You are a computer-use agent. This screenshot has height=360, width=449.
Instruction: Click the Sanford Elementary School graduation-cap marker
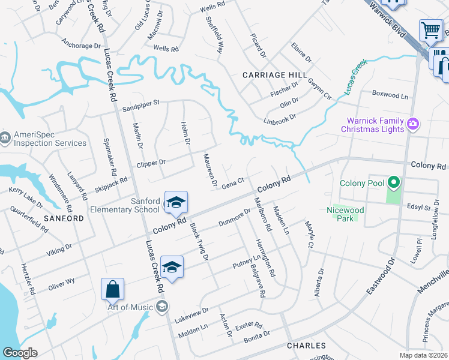[176, 202]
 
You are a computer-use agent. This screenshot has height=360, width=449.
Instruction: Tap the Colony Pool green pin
[394, 182]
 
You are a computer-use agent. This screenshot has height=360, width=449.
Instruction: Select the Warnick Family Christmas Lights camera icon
[412, 124]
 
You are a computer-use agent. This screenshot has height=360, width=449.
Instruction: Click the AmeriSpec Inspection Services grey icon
[5, 139]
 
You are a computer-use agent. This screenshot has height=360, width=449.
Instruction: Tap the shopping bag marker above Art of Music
[112, 289]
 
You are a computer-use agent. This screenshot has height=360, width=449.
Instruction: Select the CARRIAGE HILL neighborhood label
[270, 75]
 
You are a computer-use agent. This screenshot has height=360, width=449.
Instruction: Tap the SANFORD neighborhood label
[63, 218]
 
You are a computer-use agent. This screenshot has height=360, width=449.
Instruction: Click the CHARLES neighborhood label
[306, 346]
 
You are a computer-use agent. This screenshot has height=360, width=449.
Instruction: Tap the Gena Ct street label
[232, 181]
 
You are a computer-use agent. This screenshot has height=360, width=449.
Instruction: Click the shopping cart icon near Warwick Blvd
[430, 29]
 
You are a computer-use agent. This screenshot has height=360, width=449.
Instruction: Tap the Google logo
[20, 353]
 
